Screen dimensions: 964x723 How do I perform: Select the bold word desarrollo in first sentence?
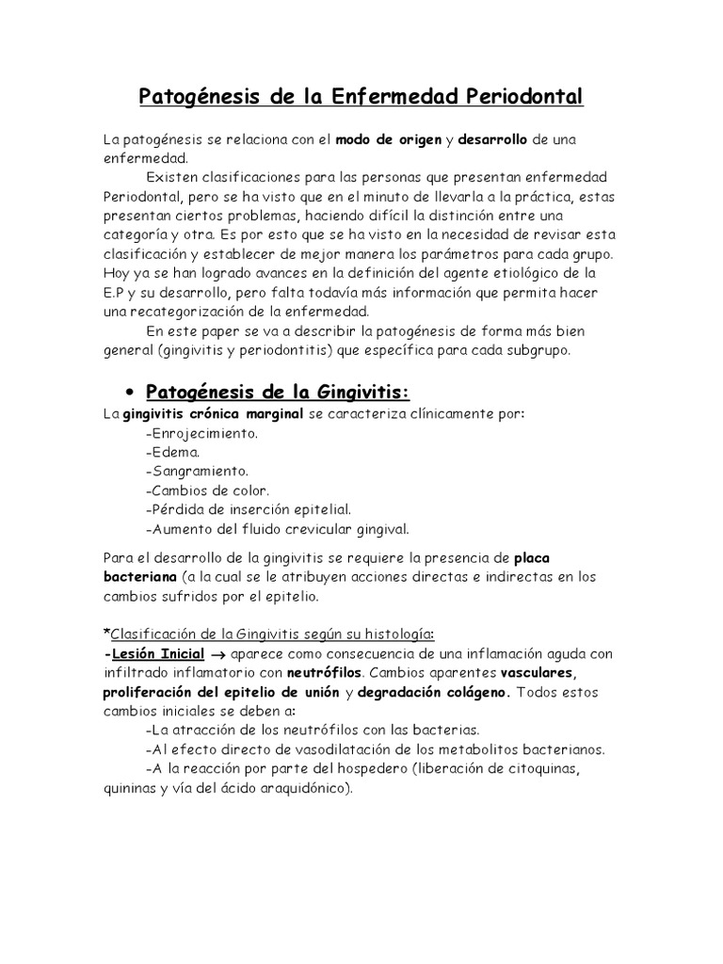tap(492, 140)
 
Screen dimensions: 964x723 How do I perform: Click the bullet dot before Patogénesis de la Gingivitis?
tap(131, 392)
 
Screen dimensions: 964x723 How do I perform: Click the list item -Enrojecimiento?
tap(201, 435)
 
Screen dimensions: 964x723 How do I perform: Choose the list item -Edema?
tap(174, 453)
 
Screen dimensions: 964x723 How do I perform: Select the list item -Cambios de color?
tap(208, 490)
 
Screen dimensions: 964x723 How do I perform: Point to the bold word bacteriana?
tap(140, 576)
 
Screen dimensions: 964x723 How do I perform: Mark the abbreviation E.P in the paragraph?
tap(114, 293)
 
